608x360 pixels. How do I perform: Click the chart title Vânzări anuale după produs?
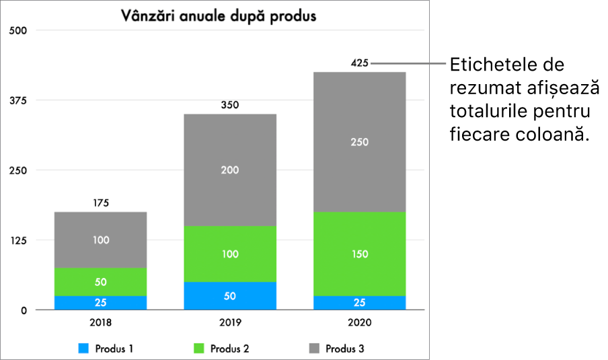coord(219,16)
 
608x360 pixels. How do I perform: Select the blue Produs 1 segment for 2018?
coord(100,303)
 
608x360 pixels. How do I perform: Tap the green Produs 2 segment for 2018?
coord(100,282)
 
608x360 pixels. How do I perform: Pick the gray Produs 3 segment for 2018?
coord(100,240)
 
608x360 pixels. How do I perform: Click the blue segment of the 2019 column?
coord(230,295)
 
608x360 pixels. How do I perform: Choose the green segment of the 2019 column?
coord(230,254)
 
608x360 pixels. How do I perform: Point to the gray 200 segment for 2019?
coord(230,170)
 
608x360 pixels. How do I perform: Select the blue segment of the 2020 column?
coord(359,303)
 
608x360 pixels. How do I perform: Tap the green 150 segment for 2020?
coord(359,254)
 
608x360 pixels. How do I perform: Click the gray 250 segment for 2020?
coord(359,142)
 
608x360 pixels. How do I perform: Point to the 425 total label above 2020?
coord(359,63)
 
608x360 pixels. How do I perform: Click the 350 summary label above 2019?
coord(230,105)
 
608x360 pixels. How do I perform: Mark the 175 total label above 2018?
coord(101,203)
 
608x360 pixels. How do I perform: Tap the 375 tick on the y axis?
coord(18,100)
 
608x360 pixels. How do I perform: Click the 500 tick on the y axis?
coord(18,31)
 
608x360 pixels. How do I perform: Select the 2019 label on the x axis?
coord(230,322)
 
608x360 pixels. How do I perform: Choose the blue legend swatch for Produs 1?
coord(83,349)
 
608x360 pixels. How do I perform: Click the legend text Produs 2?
coord(229,349)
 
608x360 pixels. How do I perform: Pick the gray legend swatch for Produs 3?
coord(314,349)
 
